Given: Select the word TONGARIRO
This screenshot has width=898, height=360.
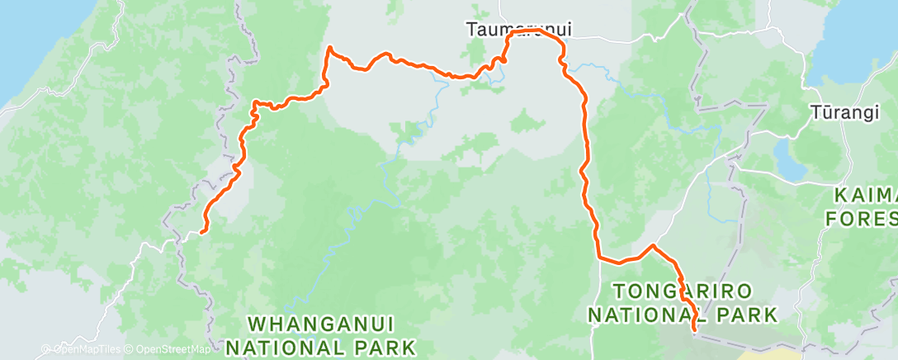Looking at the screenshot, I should point(682,291).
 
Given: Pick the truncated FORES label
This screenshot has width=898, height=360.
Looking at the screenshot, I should point(862,219).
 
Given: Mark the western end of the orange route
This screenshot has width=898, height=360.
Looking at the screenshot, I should point(202,231).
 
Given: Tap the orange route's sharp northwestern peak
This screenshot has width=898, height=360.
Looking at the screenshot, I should point(330,47).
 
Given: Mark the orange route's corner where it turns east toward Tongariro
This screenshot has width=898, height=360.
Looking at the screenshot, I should point(600,259).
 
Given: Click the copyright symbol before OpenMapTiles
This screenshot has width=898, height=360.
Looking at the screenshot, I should point(46,349).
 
